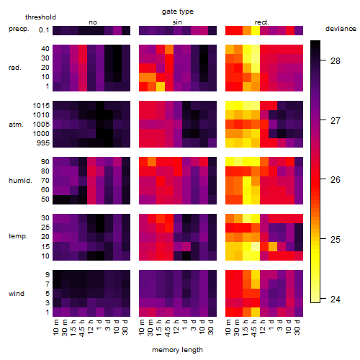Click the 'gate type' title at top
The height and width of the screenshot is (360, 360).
(x=178, y=12)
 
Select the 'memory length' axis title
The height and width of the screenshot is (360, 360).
(x=177, y=350)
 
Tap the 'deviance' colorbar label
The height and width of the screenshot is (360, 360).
(x=341, y=29)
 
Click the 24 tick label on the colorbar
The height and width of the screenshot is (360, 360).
(x=336, y=300)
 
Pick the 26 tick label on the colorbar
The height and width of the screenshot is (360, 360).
(x=336, y=180)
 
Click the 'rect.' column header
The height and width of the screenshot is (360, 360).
(x=261, y=22)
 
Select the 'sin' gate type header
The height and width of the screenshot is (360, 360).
(x=177, y=22)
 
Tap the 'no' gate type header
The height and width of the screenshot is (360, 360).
(x=93, y=22)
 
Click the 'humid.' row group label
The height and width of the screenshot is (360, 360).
(x=20, y=181)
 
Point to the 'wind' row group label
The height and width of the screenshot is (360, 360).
(x=17, y=294)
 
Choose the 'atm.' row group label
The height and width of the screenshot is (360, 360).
(x=16, y=125)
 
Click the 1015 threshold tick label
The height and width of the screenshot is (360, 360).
(x=41, y=106)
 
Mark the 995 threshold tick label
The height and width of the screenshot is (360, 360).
(x=43, y=143)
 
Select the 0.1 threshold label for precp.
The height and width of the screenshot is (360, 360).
(x=44, y=30)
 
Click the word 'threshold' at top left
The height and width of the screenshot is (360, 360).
(x=40, y=17)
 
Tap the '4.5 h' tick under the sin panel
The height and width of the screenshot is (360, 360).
(x=168, y=328)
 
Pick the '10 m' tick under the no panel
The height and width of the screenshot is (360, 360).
(x=55, y=328)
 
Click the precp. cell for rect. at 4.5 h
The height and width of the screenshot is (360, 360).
(x=256, y=30)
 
